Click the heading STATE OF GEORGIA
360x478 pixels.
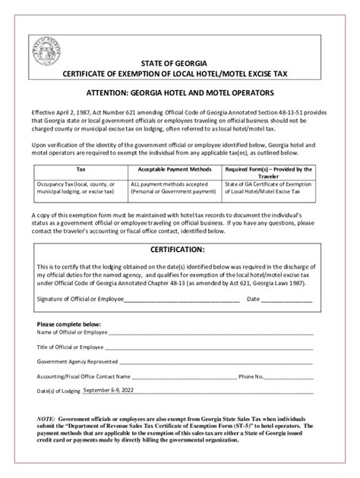pyautogui.click(x=179, y=60)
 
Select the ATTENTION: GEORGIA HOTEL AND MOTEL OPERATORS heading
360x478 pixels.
pyautogui.click(x=179, y=91)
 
